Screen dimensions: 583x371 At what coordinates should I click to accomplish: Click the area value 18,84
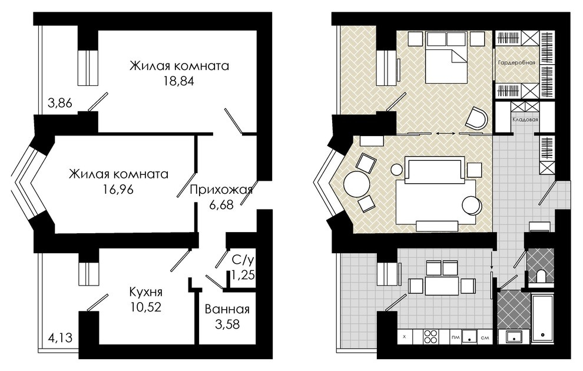coord(179,81)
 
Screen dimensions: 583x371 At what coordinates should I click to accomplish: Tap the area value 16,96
coord(118,190)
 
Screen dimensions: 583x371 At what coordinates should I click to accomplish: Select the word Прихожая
coord(221,190)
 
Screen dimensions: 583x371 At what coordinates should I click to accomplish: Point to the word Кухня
coord(146,292)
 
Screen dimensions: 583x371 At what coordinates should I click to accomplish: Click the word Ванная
coord(227,309)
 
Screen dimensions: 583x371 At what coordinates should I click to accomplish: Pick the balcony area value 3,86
coord(60,102)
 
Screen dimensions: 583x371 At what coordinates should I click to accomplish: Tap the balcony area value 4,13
coord(60,338)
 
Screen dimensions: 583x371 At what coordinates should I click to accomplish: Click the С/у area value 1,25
coord(243,275)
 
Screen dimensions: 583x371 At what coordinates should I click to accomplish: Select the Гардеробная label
coord(516,63)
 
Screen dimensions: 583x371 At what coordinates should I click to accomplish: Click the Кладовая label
coord(525,120)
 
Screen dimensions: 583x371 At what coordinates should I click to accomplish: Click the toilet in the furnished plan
coord(541,276)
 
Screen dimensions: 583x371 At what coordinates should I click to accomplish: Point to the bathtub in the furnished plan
coord(543,318)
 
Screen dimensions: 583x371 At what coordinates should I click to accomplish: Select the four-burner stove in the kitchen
coord(431,337)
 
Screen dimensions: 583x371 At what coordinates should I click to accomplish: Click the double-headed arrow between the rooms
coord(446,133)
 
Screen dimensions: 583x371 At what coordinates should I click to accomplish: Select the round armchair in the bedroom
coord(476,118)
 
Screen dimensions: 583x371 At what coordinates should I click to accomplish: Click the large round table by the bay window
coord(356,183)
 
